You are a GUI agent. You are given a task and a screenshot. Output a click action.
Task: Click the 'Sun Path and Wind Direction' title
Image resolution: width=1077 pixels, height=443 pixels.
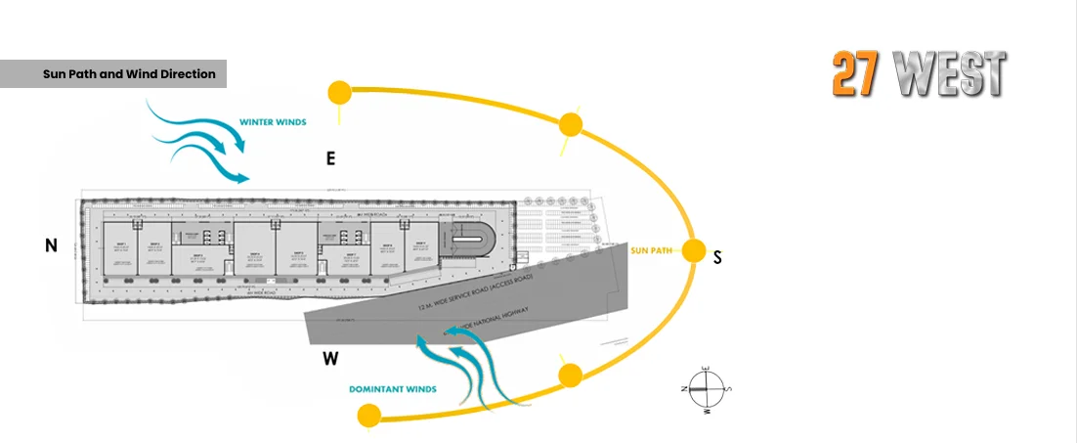pos(129,74)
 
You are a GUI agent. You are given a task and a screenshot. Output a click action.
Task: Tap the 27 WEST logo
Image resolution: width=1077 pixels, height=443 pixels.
pos(918,75)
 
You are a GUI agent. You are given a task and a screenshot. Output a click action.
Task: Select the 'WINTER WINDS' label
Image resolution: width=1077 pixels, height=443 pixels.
pos(273,123)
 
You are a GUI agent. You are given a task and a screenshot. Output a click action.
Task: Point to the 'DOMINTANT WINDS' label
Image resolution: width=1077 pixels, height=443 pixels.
pos(393,389)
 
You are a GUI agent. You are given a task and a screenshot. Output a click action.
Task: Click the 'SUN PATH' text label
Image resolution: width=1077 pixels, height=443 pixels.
pos(653,250)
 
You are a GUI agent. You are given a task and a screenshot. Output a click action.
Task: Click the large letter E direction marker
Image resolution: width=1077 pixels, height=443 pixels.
pos(331,157)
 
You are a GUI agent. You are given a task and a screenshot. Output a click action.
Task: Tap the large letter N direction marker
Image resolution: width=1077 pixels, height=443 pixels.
pos(51,246)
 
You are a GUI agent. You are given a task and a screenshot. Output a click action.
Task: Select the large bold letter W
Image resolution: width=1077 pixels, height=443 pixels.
pos(330,358)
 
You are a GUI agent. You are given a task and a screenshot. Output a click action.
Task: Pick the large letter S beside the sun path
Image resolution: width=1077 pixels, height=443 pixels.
pos(717,258)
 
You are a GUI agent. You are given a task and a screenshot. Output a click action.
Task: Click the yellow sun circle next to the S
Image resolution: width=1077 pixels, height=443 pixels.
pos(693,251)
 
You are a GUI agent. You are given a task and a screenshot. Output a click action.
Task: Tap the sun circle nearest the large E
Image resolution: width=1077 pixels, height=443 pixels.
pos(339,93)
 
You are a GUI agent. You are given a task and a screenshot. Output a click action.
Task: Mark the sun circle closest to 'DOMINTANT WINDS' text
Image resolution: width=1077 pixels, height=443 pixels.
pos(368,416)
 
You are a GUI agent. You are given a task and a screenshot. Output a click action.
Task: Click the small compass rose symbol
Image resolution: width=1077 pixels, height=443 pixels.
pos(706,388)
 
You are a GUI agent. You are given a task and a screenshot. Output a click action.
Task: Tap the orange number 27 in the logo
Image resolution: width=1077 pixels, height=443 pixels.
pos(853,75)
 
